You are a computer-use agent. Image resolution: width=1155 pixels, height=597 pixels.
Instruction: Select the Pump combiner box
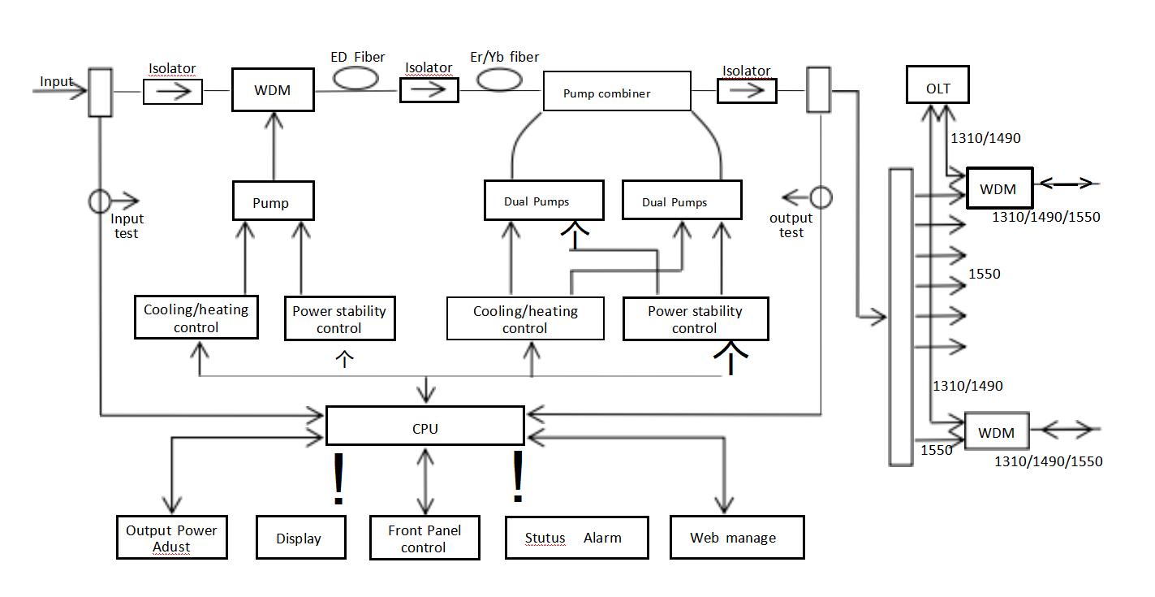[x=616, y=92]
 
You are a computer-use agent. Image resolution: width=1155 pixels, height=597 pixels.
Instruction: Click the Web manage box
[x=736, y=537]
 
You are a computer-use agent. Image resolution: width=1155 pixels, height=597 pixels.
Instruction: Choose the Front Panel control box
[x=425, y=538]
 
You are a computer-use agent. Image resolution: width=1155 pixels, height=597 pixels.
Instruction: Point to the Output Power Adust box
[x=171, y=538]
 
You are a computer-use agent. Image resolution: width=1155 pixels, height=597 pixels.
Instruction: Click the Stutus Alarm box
[x=575, y=537]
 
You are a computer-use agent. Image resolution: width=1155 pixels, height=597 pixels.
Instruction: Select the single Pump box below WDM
[x=272, y=201]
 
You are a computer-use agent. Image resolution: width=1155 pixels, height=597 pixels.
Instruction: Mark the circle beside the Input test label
[x=100, y=201]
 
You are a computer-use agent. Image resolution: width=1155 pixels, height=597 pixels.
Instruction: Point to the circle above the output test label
[x=821, y=197]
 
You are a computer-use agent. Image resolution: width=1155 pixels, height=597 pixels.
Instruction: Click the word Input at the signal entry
[x=57, y=82]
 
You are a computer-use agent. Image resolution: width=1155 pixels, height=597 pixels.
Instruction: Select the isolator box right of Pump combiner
[x=746, y=91]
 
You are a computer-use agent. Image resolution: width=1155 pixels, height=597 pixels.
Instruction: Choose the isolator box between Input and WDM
[x=172, y=91]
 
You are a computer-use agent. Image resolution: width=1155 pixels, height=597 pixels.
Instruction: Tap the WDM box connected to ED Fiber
[x=272, y=90]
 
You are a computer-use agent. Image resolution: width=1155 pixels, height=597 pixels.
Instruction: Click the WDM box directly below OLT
[x=998, y=189]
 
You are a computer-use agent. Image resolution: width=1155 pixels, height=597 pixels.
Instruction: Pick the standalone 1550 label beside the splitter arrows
[x=984, y=274]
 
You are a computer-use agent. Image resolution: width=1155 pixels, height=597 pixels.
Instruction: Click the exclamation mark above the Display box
[x=338, y=479]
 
